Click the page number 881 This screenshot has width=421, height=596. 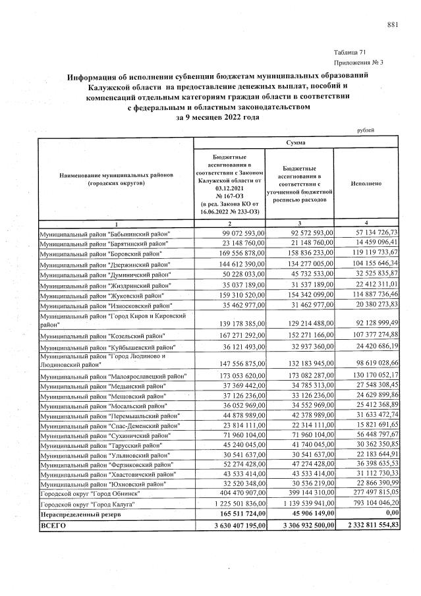pyautogui.click(x=393, y=25)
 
